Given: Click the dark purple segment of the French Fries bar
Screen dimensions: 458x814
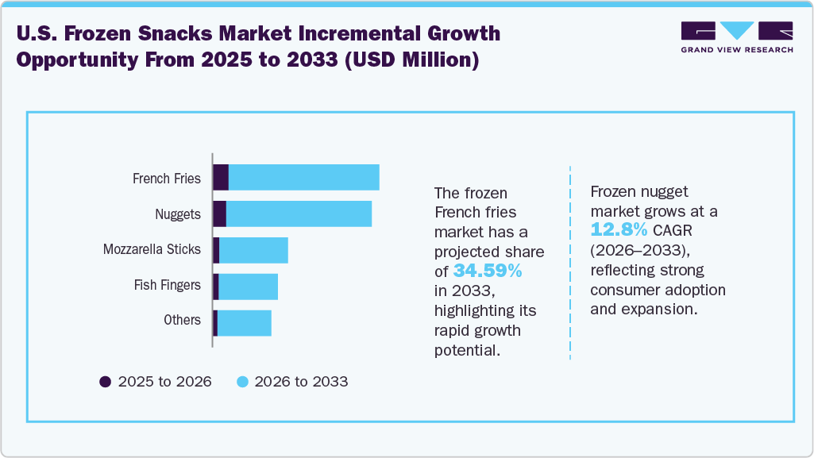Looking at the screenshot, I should pyautogui.click(x=221, y=178).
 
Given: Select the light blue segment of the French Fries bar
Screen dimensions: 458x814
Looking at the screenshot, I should pyautogui.click(x=303, y=178).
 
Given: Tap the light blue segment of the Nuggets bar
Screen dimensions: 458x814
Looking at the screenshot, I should pyautogui.click(x=299, y=214).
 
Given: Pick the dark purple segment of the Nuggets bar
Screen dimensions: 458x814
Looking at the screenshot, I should pyautogui.click(x=220, y=214).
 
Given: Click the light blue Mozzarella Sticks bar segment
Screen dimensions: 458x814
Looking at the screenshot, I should pyautogui.click(x=253, y=250).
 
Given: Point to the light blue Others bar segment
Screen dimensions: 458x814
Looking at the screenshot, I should pyautogui.click(x=244, y=322).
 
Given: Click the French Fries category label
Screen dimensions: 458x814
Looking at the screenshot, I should pyautogui.click(x=166, y=179).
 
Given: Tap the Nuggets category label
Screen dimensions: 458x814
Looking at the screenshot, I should pyautogui.click(x=178, y=214).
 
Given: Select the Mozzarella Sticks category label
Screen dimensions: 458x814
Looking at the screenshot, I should pyautogui.click(x=152, y=250).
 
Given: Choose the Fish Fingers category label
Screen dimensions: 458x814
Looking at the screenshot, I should pyautogui.click(x=167, y=285).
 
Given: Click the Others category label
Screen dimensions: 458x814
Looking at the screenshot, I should pyautogui.click(x=182, y=320).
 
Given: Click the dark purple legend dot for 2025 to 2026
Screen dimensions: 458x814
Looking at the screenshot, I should pyautogui.click(x=105, y=382).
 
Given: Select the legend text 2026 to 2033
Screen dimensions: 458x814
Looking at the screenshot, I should pyautogui.click(x=303, y=382).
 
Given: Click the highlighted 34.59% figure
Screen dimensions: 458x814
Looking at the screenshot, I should pyautogui.click(x=488, y=271).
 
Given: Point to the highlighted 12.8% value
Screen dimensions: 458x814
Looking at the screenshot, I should pyautogui.click(x=619, y=230).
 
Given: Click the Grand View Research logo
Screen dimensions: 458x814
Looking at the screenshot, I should pyautogui.click(x=737, y=37).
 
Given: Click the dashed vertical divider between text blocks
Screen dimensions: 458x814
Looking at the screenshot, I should pyautogui.click(x=570, y=262).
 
